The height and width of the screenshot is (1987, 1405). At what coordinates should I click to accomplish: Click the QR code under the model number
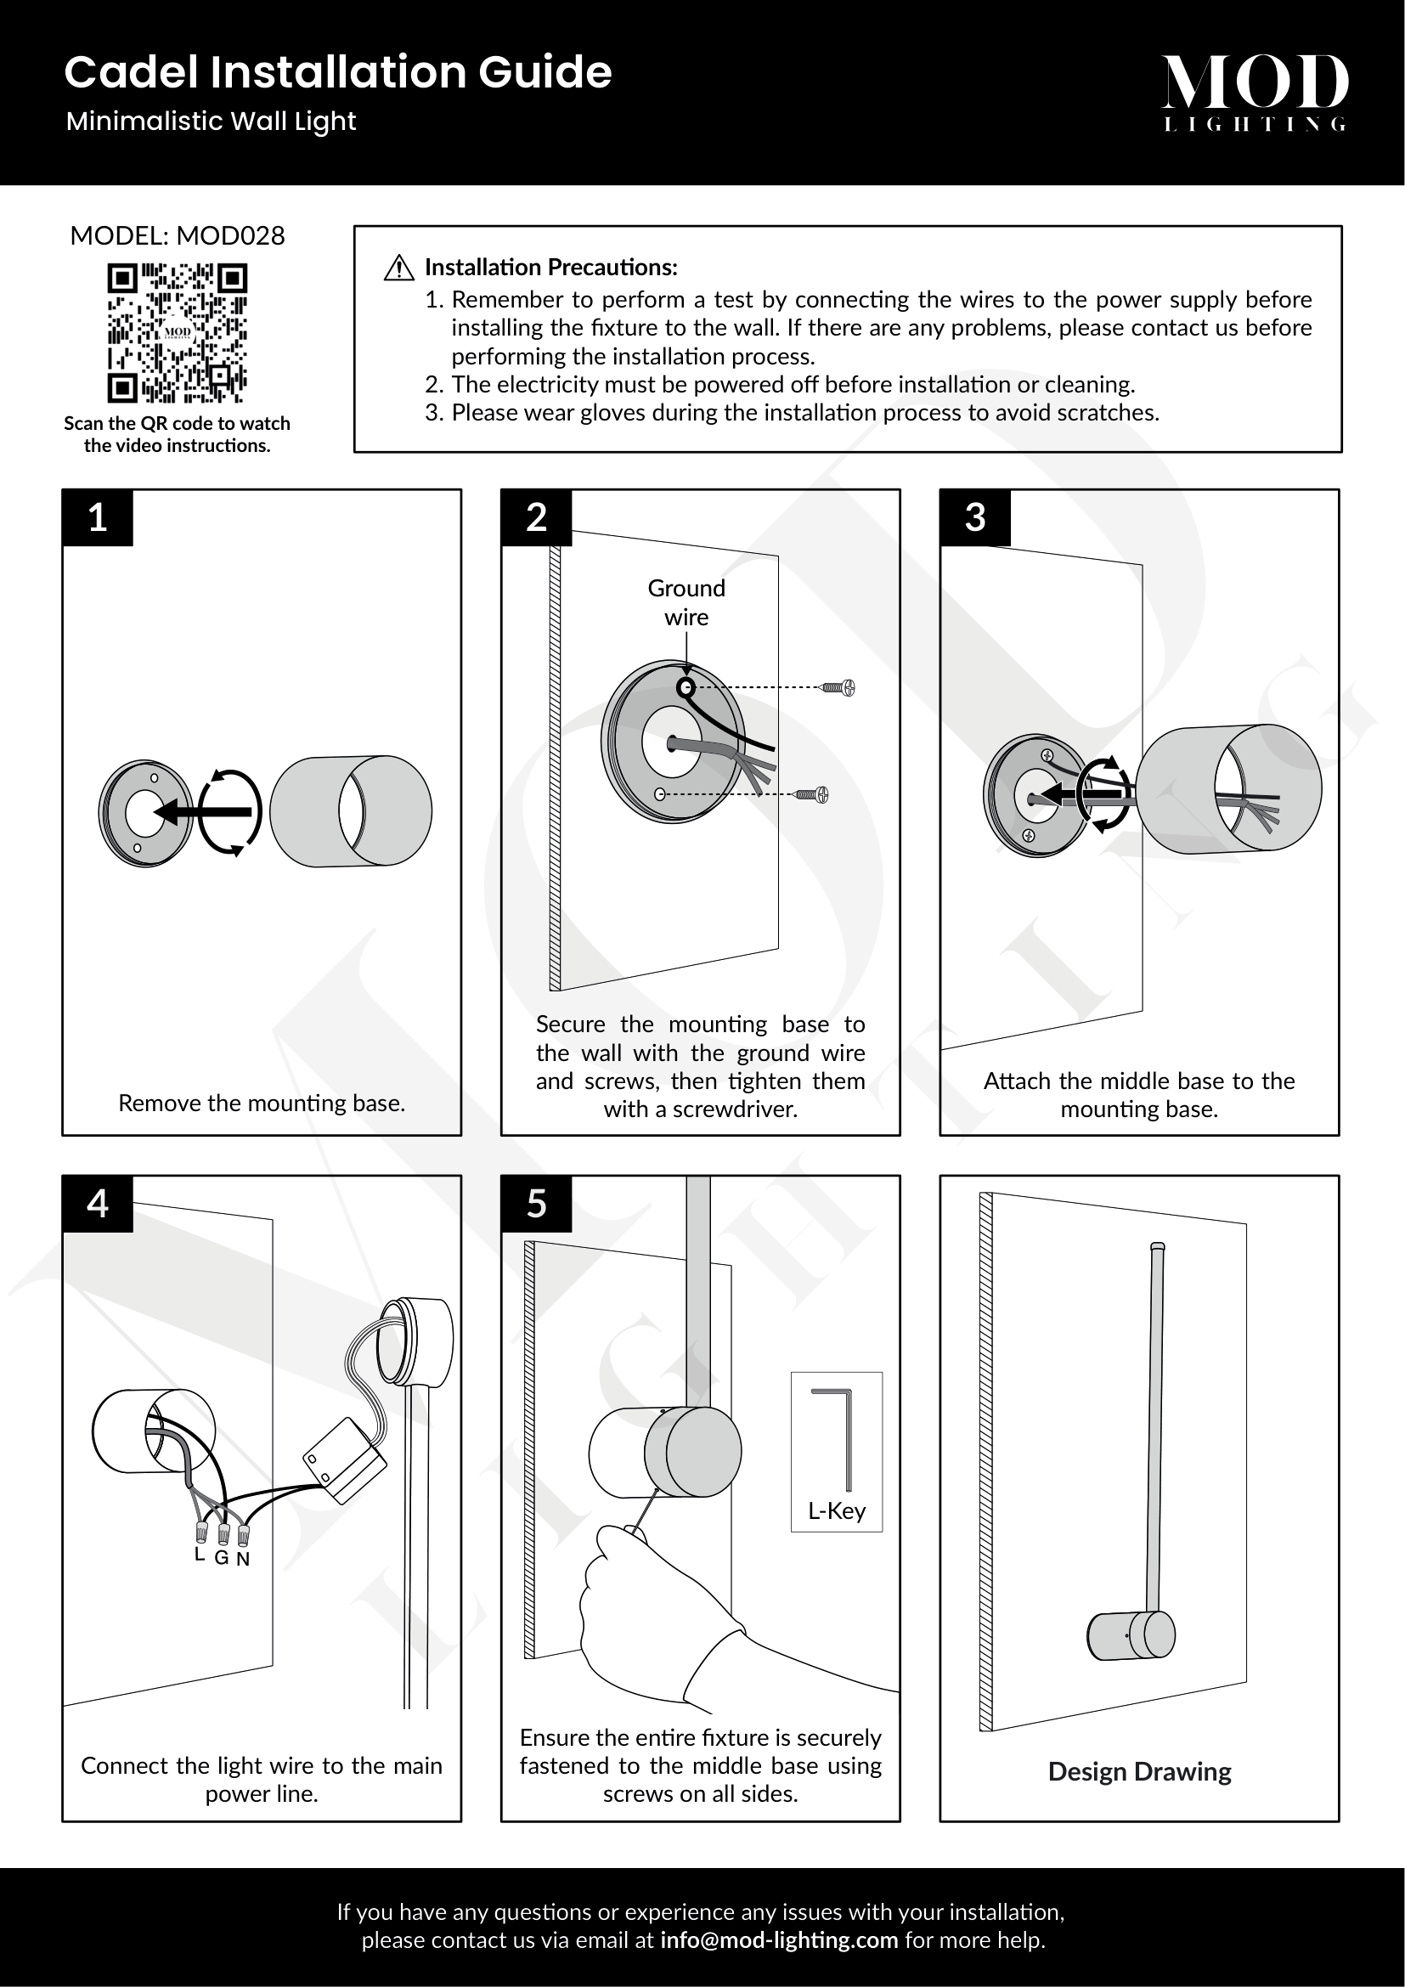pos(178,333)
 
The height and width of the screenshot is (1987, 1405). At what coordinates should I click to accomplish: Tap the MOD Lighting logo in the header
pos(1255,91)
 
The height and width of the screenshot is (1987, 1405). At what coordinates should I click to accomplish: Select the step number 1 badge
pos(98,517)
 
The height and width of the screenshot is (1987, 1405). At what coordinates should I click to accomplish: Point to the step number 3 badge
pos(975,517)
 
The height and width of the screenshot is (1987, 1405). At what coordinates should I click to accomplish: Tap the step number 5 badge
pos(536,1204)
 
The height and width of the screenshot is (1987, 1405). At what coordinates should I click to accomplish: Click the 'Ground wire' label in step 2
pos(686,602)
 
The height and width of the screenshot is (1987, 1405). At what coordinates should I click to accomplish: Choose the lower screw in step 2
pos(812,794)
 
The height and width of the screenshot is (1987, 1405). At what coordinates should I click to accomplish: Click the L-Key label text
pos(837,1510)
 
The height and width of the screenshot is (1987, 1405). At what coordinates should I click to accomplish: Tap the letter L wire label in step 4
pos(200,1555)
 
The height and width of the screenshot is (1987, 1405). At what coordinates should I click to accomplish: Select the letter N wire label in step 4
pos(243,1559)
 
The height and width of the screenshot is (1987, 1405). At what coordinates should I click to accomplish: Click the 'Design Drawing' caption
pos(1139,1771)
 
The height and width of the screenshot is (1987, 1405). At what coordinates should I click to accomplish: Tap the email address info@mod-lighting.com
pos(779,1939)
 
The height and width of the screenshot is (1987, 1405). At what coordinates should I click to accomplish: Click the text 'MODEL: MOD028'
pos(178,235)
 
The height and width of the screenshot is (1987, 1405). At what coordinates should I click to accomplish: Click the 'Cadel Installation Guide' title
pos(337,72)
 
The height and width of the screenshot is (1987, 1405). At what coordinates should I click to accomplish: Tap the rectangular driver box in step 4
pos(344,1461)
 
